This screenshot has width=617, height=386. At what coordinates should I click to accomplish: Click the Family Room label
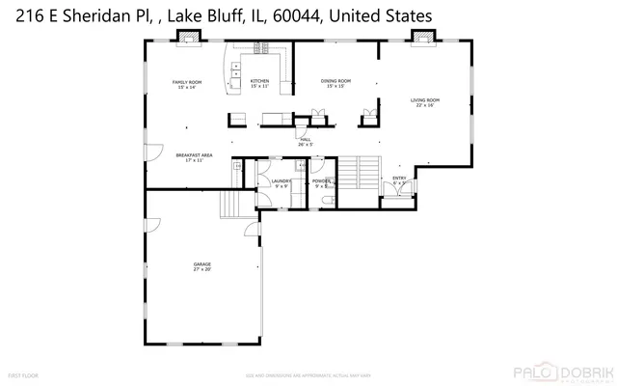click(x=186, y=84)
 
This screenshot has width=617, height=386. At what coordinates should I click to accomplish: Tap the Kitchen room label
click(x=259, y=83)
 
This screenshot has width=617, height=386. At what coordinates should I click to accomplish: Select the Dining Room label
click(x=336, y=83)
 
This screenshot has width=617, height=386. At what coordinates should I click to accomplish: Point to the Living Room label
click(x=426, y=102)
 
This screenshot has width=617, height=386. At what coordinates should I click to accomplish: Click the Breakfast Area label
click(x=193, y=157)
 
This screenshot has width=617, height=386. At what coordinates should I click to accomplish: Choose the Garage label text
click(x=201, y=266)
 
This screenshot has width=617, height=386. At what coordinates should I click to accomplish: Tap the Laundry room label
click(x=281, y=181)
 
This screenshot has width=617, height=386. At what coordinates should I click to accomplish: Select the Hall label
click(x=305, y=142)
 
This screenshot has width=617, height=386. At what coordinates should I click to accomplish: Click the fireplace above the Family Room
click(x=189, y=38)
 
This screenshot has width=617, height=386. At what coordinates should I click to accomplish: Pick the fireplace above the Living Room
click(x=420, y=37)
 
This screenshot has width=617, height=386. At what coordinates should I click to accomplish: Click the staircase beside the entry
click(x=362, y=176)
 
